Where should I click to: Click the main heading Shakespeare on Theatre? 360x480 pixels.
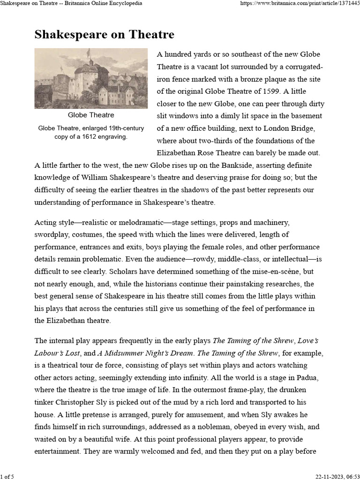pos(104,35)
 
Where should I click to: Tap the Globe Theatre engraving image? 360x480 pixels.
pos(90,78)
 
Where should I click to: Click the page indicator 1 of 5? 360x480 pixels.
pos(7,476)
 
